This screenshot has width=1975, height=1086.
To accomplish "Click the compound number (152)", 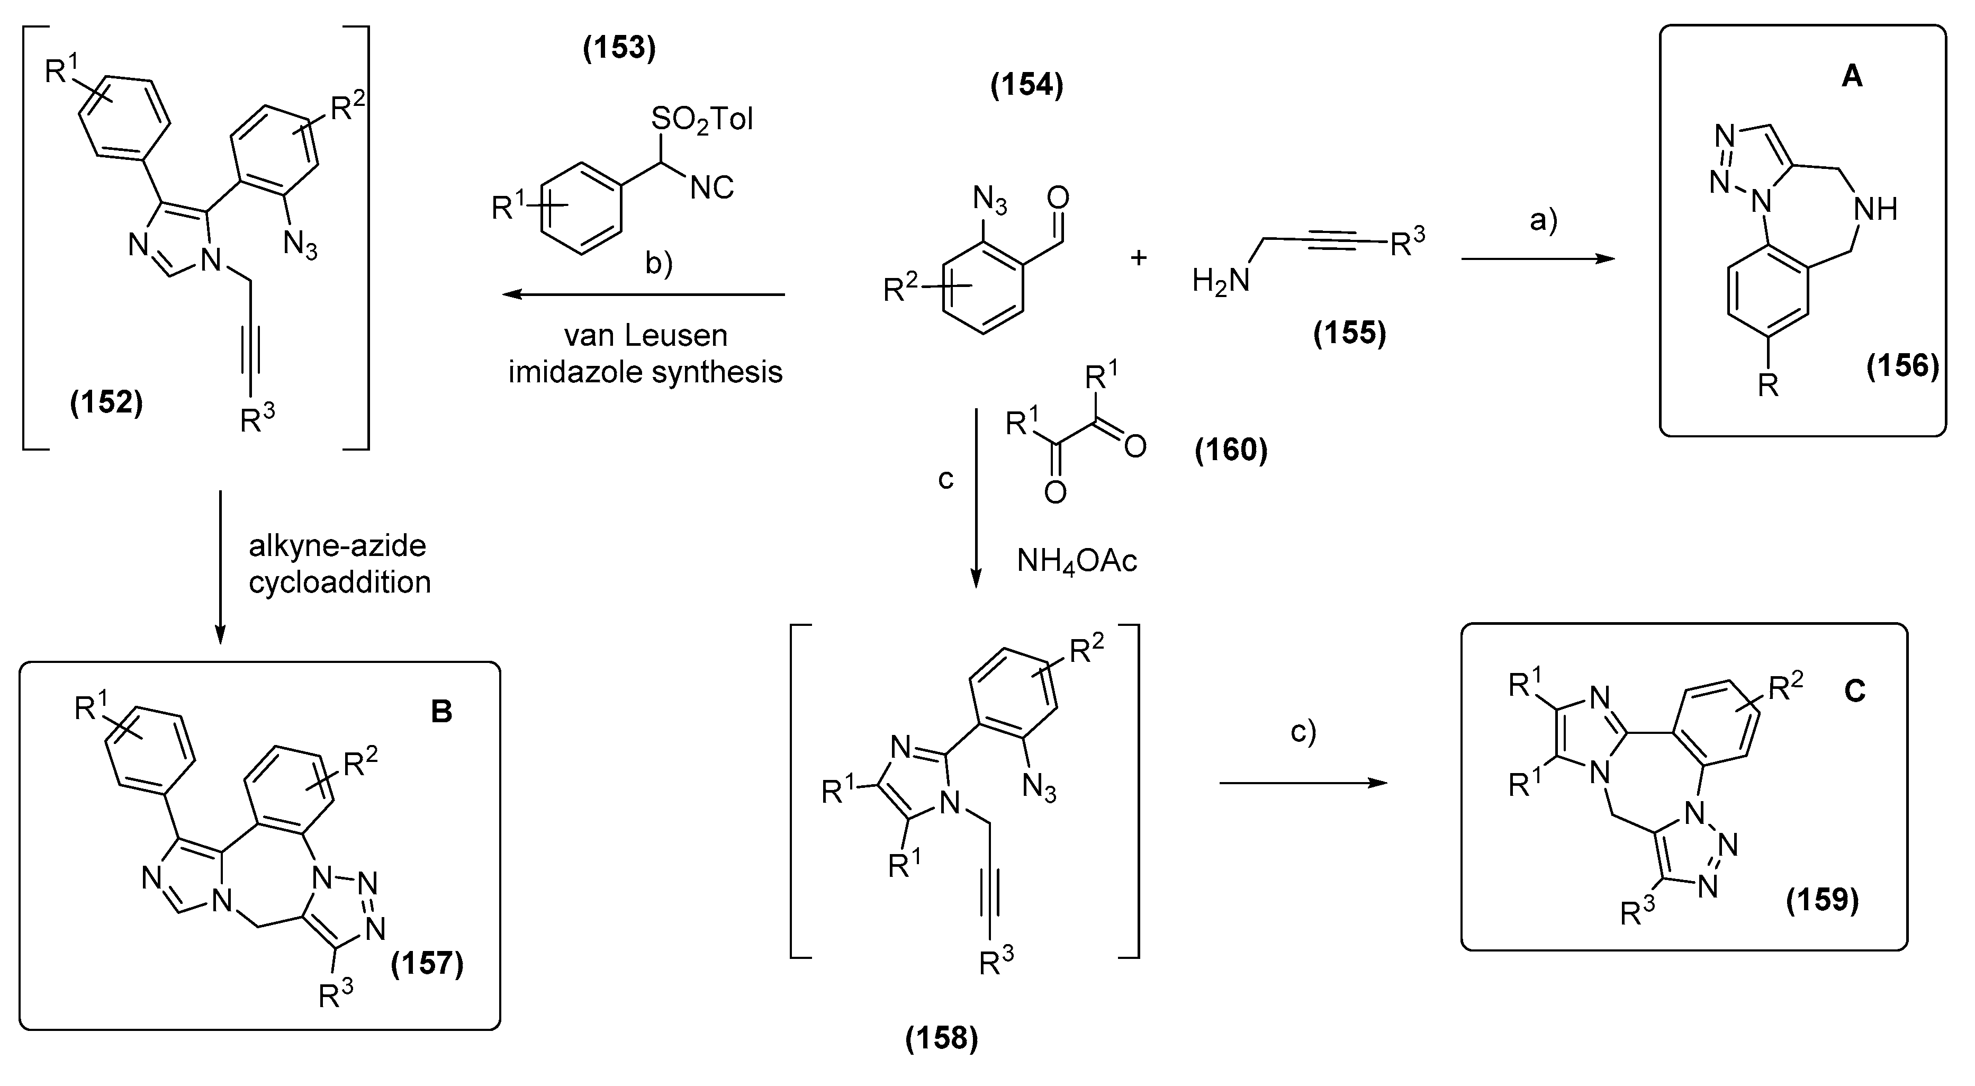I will pos(106,402).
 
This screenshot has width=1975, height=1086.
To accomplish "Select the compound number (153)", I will pos(619,48).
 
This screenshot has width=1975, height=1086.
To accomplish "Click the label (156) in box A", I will pos(1902,366).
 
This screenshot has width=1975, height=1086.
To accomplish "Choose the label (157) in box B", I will pos(428,963).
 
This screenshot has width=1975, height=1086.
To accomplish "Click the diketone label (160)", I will pos(1231,450).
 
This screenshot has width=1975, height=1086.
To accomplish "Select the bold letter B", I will pos(441,712).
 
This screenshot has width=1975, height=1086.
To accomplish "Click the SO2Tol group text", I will pos(701,120).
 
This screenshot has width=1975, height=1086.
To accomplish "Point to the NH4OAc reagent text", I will pos(1077,561).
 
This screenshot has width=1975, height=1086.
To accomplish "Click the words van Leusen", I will pos(646,335).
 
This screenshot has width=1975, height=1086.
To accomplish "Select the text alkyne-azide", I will pos(337,545).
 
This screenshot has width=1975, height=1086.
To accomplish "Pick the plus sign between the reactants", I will pos(1139,258).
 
